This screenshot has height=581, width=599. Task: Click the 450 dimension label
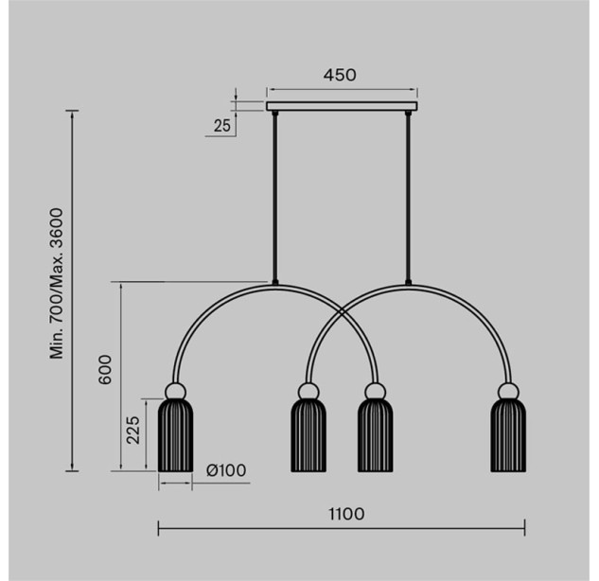coord(340,75)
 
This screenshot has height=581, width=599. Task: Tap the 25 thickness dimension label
coord(222,126)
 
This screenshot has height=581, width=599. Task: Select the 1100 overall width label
coord(346,514)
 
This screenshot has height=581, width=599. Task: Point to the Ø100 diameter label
coord(226,470)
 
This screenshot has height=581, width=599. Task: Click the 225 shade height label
coord(133,430)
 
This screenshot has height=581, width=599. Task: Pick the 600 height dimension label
coord(105,370)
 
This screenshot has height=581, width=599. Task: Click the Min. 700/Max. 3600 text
coord(57,284)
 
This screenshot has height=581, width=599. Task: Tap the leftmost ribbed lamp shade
coord(175,435)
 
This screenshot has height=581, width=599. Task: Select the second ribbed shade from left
coord(308,435)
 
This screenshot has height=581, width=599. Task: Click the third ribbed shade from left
coord(375,435)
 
